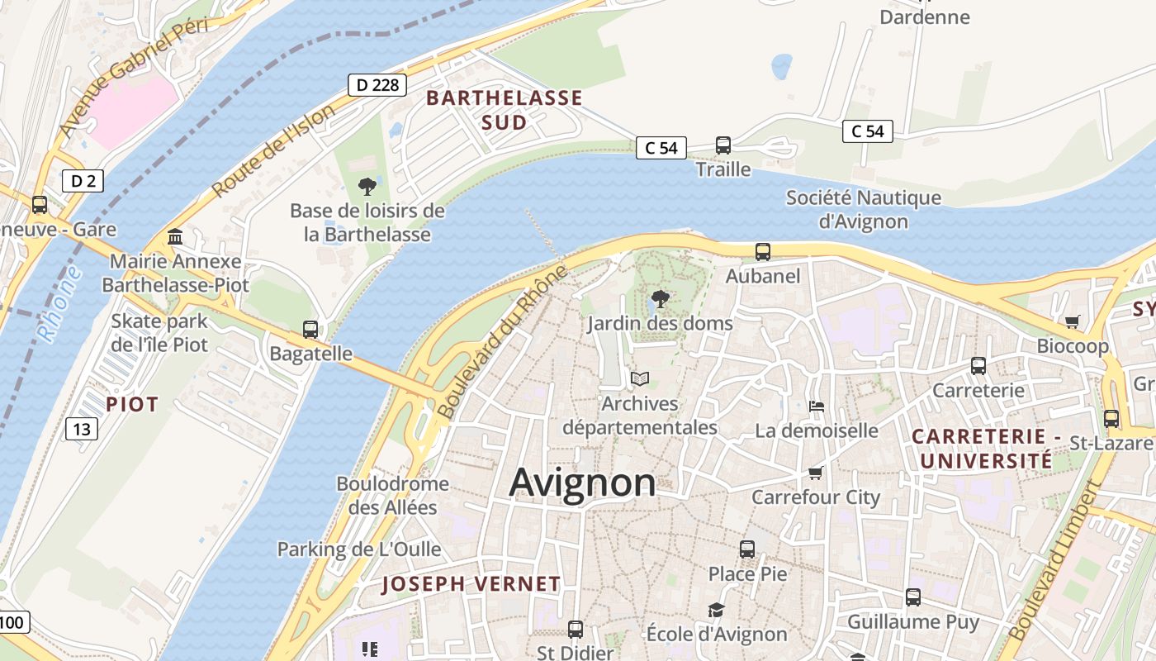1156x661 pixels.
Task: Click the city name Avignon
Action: [x=582, y=483]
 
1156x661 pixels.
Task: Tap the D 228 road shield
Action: [x=377, y=84]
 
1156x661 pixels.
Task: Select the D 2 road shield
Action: [x=83, y=181]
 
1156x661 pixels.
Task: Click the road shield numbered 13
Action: [x=81, y=428]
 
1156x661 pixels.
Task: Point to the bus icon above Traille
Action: [x=723, y=145]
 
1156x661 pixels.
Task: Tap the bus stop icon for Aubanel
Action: [x=763, y=252]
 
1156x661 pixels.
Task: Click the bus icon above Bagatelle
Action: [x=310, y=330]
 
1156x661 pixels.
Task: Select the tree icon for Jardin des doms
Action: [x=660, y=299]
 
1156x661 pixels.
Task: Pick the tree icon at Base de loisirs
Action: [x=367, y=187]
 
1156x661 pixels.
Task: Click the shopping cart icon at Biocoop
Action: [x=1072, y=321]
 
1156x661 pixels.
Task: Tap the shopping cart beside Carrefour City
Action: [x=816, y=473]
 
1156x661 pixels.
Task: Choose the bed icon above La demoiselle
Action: [x=817, y=406]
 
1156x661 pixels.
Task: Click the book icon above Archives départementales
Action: [x=640, y=379]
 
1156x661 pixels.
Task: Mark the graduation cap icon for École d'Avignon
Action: [x=716, y=610]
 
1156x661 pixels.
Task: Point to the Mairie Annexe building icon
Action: [x=175, y=238]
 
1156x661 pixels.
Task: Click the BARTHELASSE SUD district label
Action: [x=504, y=110]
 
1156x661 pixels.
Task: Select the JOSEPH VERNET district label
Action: [x=471, y=584]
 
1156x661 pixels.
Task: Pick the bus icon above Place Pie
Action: [x=747, y=549]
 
